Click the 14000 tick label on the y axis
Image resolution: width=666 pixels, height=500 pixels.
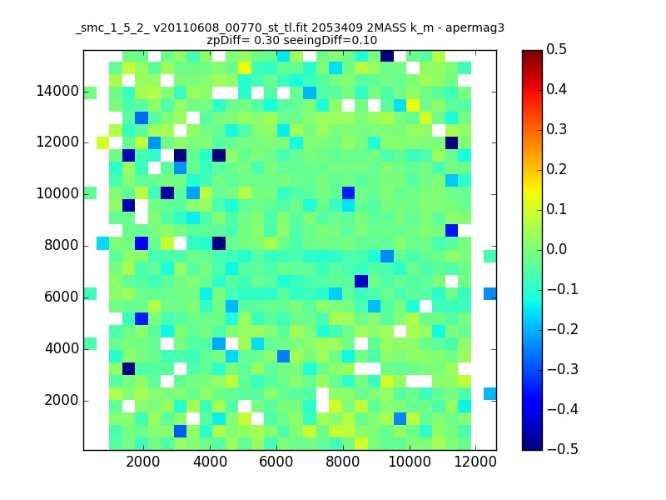[x=57, y=92]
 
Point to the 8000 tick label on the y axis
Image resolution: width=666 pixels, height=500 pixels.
[x=61, y=245]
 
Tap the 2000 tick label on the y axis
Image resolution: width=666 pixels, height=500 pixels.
[x=61, y=400]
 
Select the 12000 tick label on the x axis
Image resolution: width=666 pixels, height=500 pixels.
[x=475, y=462]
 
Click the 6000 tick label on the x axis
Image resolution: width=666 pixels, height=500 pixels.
[x=276, y=462]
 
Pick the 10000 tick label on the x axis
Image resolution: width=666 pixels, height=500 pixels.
[x=410, y=462]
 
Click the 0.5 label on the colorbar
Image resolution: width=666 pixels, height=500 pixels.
[x=556, y=49]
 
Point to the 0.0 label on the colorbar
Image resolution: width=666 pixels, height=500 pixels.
[x=556, y=249]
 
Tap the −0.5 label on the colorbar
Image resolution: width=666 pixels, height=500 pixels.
[x=563, y=449]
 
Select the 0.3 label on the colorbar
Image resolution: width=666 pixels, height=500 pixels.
[x=556, y=129]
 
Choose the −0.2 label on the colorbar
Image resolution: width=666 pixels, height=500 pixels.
[x=563, y=329]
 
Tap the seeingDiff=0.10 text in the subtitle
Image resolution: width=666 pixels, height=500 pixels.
[x=330, y=41]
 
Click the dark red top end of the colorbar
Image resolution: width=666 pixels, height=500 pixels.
[x=533, y=52]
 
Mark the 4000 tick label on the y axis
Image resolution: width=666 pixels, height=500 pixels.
[x=61, y=348]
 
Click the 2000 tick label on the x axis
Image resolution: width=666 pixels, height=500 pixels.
[x=143, y=462]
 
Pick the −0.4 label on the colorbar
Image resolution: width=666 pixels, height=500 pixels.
[x=563, y=409]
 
